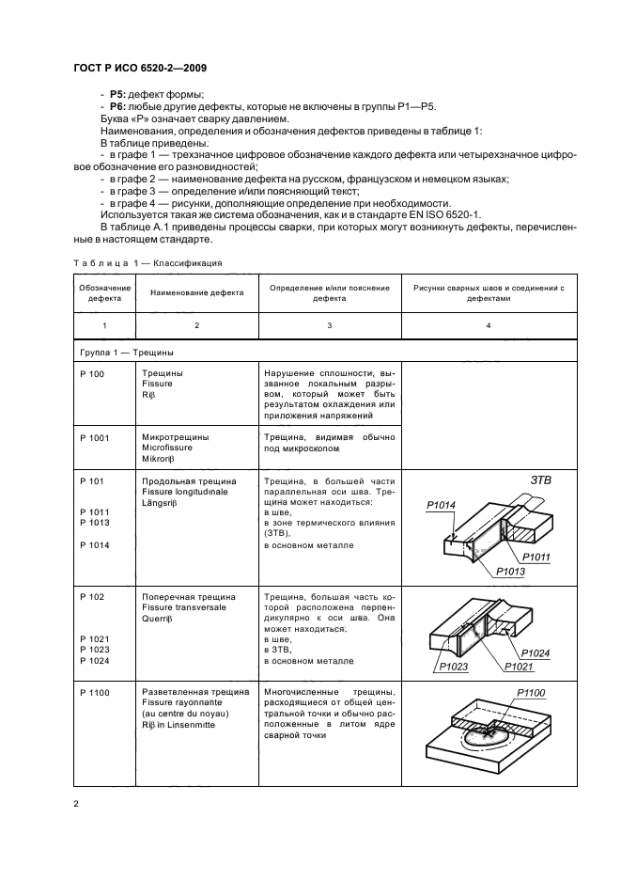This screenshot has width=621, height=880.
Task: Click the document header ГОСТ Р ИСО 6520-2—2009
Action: point(139,67)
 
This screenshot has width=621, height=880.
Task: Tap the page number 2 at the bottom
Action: point(76,803)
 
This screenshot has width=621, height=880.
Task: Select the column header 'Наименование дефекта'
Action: point(196,293)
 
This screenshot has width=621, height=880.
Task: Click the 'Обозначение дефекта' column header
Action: point(104,293)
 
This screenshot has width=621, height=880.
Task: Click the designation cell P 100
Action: point(93,373)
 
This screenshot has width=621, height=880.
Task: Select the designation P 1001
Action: point(95,437)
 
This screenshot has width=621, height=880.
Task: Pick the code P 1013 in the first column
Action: point(95,521)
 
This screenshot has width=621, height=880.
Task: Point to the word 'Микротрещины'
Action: point(175,437)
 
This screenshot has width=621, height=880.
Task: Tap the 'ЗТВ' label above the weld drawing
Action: point(541,479)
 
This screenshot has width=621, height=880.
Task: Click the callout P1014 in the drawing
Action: point(441,506)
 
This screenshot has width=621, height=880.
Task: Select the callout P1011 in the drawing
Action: point(536,558)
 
